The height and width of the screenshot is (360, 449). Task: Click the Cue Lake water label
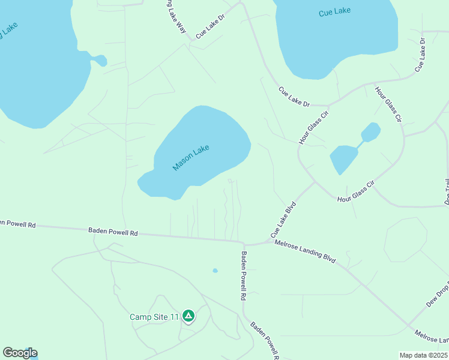click(334, 11)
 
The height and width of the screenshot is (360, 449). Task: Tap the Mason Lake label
click(191, 157)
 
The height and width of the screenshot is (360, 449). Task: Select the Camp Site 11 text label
click(154, 317)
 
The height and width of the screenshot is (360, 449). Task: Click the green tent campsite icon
click(188, 316)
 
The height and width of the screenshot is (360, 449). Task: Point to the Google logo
click(20, 353)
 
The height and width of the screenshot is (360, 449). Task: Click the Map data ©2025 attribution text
click(423, 355)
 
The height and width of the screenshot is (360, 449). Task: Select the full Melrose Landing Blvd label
click(305, 253)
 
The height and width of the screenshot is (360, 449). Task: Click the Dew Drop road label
click(438, 293)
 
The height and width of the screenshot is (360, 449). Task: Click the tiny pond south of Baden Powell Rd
click(215, 271)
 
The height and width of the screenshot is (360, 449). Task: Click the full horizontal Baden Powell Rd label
click(113, 231)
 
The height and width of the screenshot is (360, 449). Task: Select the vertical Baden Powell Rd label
click(244, 275)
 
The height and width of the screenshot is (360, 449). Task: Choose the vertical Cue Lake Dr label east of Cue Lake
click(420, 55)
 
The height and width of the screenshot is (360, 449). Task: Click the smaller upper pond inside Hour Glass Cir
click(370, 132)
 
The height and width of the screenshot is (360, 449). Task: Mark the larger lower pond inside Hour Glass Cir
click(343, 158)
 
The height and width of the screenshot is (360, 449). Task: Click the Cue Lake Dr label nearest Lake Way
click(210, 28)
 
